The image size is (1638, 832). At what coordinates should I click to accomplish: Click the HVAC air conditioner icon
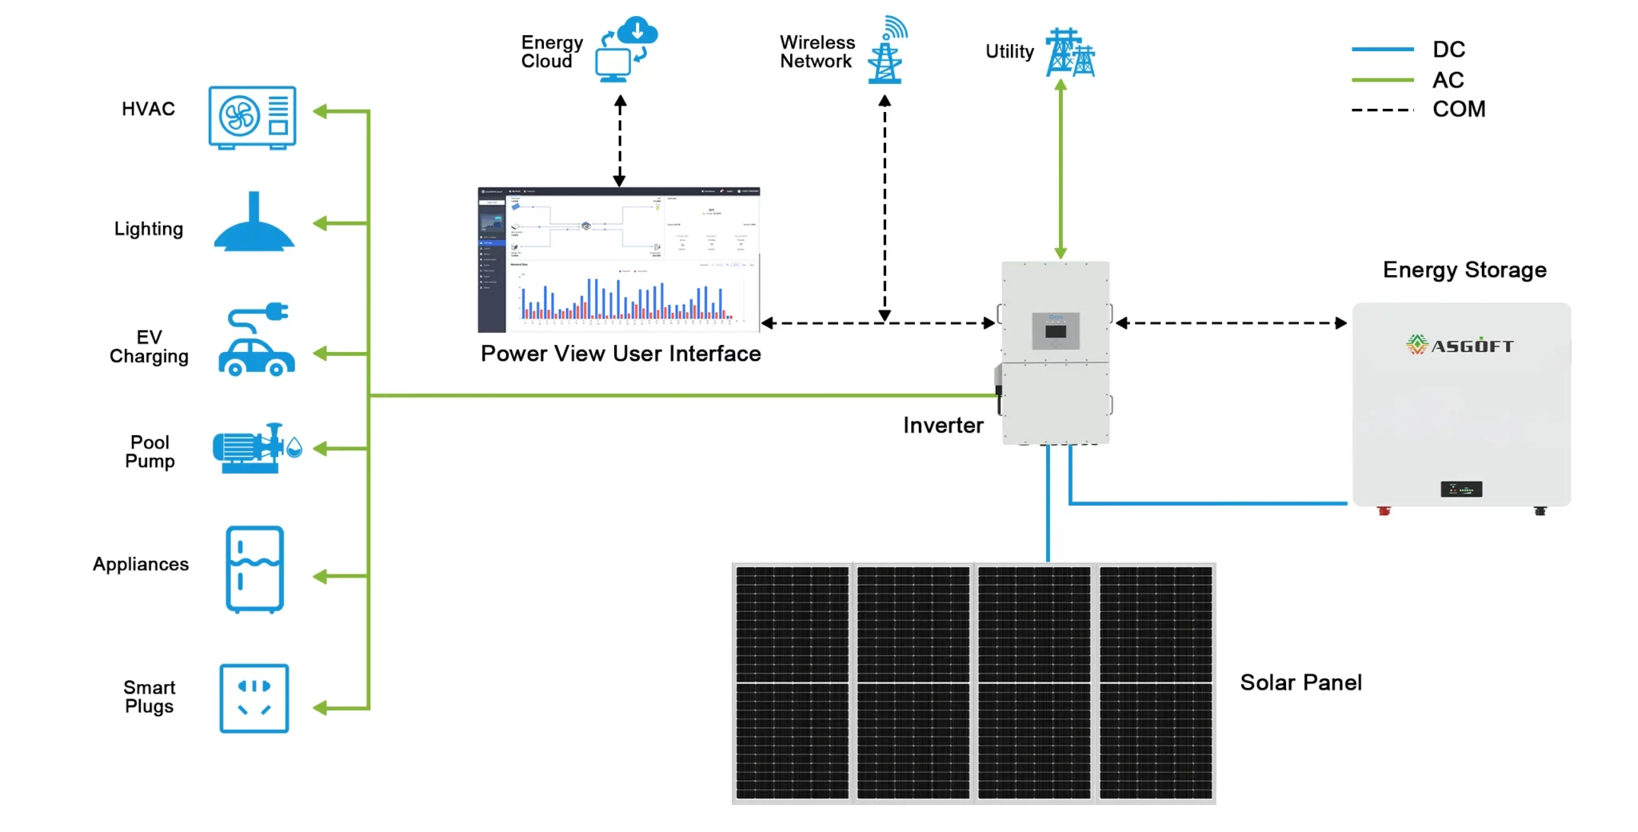[x=252, y=117]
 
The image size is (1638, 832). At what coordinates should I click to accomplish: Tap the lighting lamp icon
[x=254, y=225]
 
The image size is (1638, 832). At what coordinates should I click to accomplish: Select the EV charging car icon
[x=257, y=341]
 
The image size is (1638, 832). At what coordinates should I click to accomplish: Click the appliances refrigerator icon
[x=254, y=569]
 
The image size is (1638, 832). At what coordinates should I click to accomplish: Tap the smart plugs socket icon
[x=254, y=698]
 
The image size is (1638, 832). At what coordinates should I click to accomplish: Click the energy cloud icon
[x=626, y=49]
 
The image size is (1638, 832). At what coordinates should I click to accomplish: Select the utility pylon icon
[x=1069, y=53]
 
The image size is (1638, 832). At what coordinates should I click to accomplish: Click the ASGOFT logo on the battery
[x=1460, y=346]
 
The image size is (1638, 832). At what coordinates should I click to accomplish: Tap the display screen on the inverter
[x=1056, y=330]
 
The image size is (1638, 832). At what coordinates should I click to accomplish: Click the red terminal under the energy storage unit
[x=1384, y=510]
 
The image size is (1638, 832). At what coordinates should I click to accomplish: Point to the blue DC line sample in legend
[x=1382, y=50]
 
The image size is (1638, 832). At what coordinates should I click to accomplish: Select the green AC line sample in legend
[x=1382, y=80]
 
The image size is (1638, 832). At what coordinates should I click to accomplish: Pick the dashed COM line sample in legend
[x=1382, y=110]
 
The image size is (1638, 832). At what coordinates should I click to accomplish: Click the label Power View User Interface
[x=621, y=354]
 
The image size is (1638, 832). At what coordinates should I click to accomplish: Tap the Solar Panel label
[x=1300, y=682]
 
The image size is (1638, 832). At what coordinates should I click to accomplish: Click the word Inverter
[x=943, y=426]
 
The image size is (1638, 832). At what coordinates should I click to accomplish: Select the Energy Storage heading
[x=1464, y=270]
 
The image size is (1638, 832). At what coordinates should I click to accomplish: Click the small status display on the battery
[x=1461, y=489]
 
